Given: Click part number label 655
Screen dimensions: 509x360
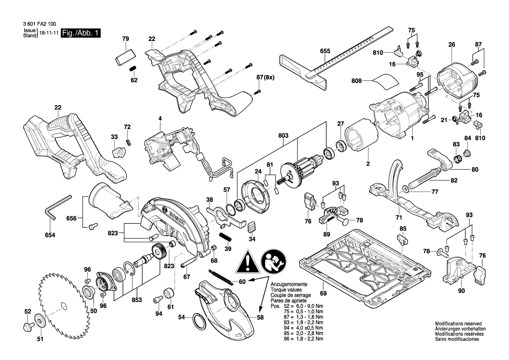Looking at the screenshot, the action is [325, 51].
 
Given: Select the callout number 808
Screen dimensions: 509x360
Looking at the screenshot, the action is [357, 80].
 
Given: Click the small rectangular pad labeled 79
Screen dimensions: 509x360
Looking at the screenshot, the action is [125, 58].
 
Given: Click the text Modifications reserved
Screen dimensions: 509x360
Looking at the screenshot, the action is [458, 324].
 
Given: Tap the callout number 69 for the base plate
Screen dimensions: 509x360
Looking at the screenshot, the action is [323, 293].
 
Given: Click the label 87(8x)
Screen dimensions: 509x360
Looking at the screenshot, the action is [265, 78].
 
